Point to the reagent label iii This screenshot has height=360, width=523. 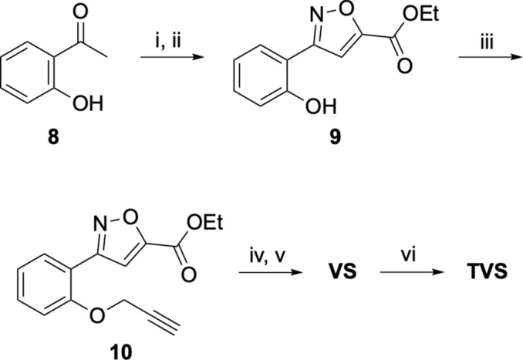pos(471,45)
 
